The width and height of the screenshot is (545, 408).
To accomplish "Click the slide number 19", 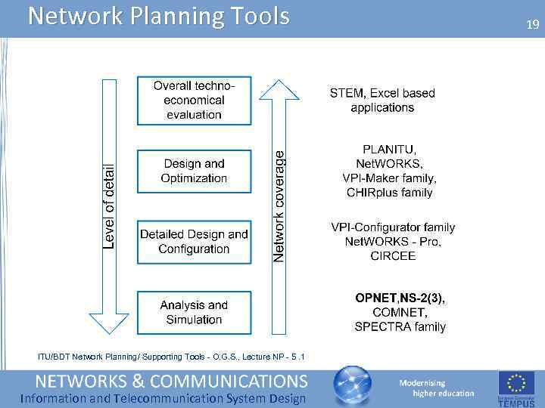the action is click(533, 25).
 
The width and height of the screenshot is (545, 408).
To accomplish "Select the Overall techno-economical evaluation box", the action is click(194, 100).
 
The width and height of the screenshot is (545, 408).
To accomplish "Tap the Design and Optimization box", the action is click(194, 171).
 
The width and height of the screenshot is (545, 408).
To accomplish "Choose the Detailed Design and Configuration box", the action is click(194, 242).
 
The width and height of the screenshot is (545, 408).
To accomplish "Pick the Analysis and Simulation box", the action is click(194, 312).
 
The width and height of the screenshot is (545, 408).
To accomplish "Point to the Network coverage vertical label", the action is click(280, 206).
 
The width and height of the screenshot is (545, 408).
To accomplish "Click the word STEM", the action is click(345, 94).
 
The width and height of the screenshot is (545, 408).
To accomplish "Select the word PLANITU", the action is click(389, 149).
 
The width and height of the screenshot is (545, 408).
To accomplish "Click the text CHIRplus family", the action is click(389, 193).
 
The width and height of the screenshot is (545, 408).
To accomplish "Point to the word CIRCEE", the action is click(392, 256).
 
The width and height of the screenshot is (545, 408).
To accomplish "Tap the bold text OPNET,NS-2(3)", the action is click(400, 298).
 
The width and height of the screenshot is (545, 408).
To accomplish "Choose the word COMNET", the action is click(400, 312).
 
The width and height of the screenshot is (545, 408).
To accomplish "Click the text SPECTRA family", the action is click(400, 327).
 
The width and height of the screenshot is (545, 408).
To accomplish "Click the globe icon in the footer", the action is click(353, 386).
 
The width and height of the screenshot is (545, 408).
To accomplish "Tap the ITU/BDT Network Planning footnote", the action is click(171, 357).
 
